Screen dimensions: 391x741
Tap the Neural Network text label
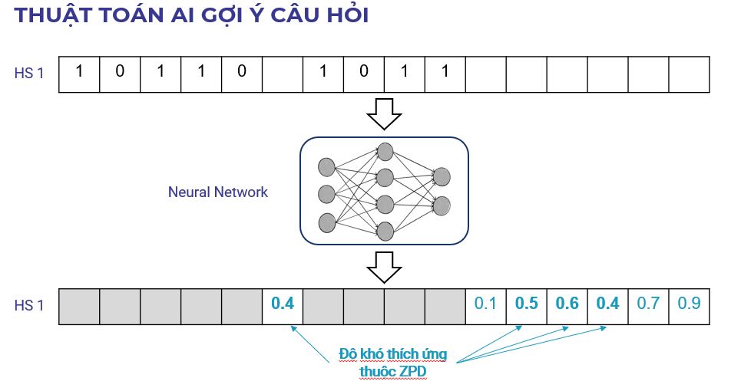(x=218, y=192)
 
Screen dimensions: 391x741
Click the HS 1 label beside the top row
(x=29, y=74)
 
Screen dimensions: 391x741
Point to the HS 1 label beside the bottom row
(x=29, y=305)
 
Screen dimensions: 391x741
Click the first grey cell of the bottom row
(x=79, y=305)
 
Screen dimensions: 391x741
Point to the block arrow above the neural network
(x=384, y=114)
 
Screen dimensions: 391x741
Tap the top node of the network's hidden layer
(x=385, y=152)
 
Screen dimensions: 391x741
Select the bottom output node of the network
(x=442, y=205)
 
